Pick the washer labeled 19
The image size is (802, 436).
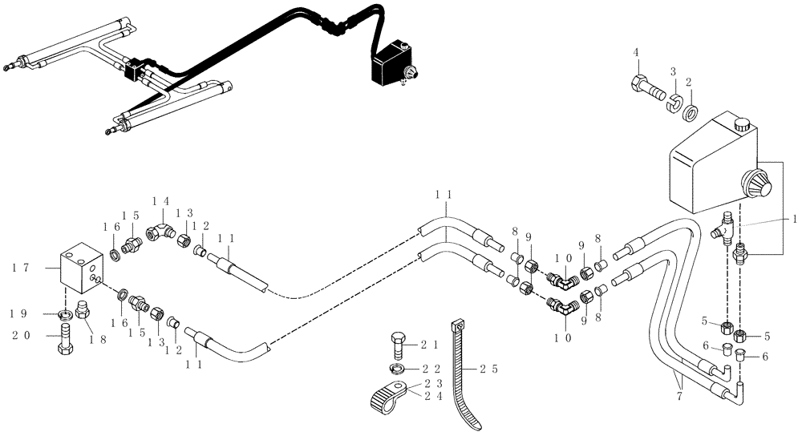64,313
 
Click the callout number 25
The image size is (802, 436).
490,370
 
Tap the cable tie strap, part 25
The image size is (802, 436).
464,377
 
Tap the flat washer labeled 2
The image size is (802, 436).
690,110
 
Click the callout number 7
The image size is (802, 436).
681,395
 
